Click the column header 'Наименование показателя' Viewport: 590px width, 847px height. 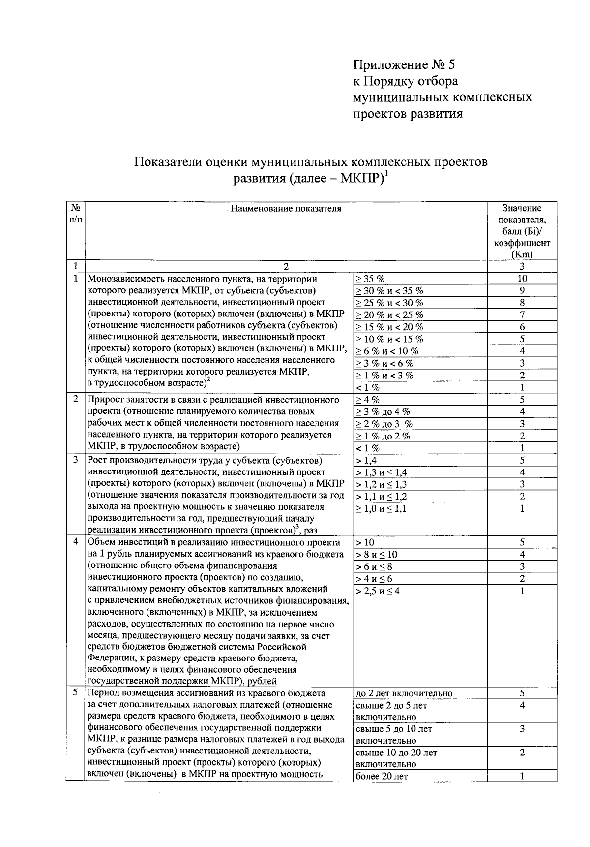(286, 209)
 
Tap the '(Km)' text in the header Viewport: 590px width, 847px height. (522, 255)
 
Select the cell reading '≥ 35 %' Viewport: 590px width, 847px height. (370, 279)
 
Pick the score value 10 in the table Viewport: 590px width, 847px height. (522, 279)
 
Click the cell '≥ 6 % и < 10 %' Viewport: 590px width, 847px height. (387, 351)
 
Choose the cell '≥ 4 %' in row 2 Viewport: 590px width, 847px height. (368, 400)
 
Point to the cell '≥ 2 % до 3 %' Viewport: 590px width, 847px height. (383, 424)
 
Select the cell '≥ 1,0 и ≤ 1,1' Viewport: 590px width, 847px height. (381, 509)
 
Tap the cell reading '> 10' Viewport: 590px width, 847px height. (365, 543)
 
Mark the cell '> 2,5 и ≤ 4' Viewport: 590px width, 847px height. (378, 591)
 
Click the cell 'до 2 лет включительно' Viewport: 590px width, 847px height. (403, 694)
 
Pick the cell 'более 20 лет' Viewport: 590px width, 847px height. (382, 777)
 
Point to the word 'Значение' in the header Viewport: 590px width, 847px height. (522, 209)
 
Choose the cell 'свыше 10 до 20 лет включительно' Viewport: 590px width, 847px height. (396, 758)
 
